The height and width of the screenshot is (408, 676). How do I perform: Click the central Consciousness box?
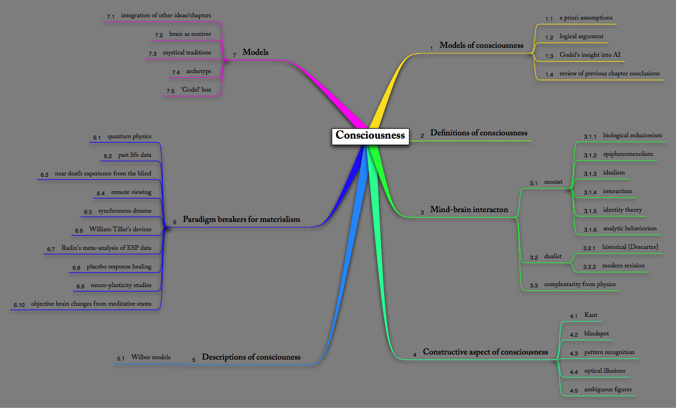point(370,136)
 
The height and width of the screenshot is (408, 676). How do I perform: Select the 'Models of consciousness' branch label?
point(481,46)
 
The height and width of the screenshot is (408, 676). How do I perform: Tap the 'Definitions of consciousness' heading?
point(478,133)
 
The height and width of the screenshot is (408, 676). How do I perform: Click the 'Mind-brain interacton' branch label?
point(469,210)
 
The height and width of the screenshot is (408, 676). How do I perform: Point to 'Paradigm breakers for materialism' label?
point(241,220)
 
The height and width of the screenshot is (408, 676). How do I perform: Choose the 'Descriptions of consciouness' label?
point(251,357)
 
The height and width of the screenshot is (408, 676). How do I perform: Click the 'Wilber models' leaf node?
point(151,357)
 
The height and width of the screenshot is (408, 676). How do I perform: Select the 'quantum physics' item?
point(129,137)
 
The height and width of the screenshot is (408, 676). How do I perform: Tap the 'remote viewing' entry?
point(131,193)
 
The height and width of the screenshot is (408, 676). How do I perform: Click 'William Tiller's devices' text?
point(120,229)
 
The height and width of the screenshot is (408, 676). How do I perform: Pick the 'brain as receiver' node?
point(190,34)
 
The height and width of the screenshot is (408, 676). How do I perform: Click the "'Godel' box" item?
point(196,90)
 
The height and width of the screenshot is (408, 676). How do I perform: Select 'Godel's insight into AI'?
point(589,55)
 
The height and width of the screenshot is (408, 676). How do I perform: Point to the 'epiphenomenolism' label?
point(628,154)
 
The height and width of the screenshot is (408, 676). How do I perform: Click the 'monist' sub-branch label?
point(553,182)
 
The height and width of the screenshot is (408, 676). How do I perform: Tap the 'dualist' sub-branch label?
point(553,256)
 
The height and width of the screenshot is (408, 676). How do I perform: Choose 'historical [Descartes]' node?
point(630,247)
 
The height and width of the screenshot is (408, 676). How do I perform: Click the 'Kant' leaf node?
point(591,315)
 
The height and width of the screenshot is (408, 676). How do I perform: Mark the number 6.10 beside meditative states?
point(19,305)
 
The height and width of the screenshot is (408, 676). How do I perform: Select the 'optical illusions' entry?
point(604,371)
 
